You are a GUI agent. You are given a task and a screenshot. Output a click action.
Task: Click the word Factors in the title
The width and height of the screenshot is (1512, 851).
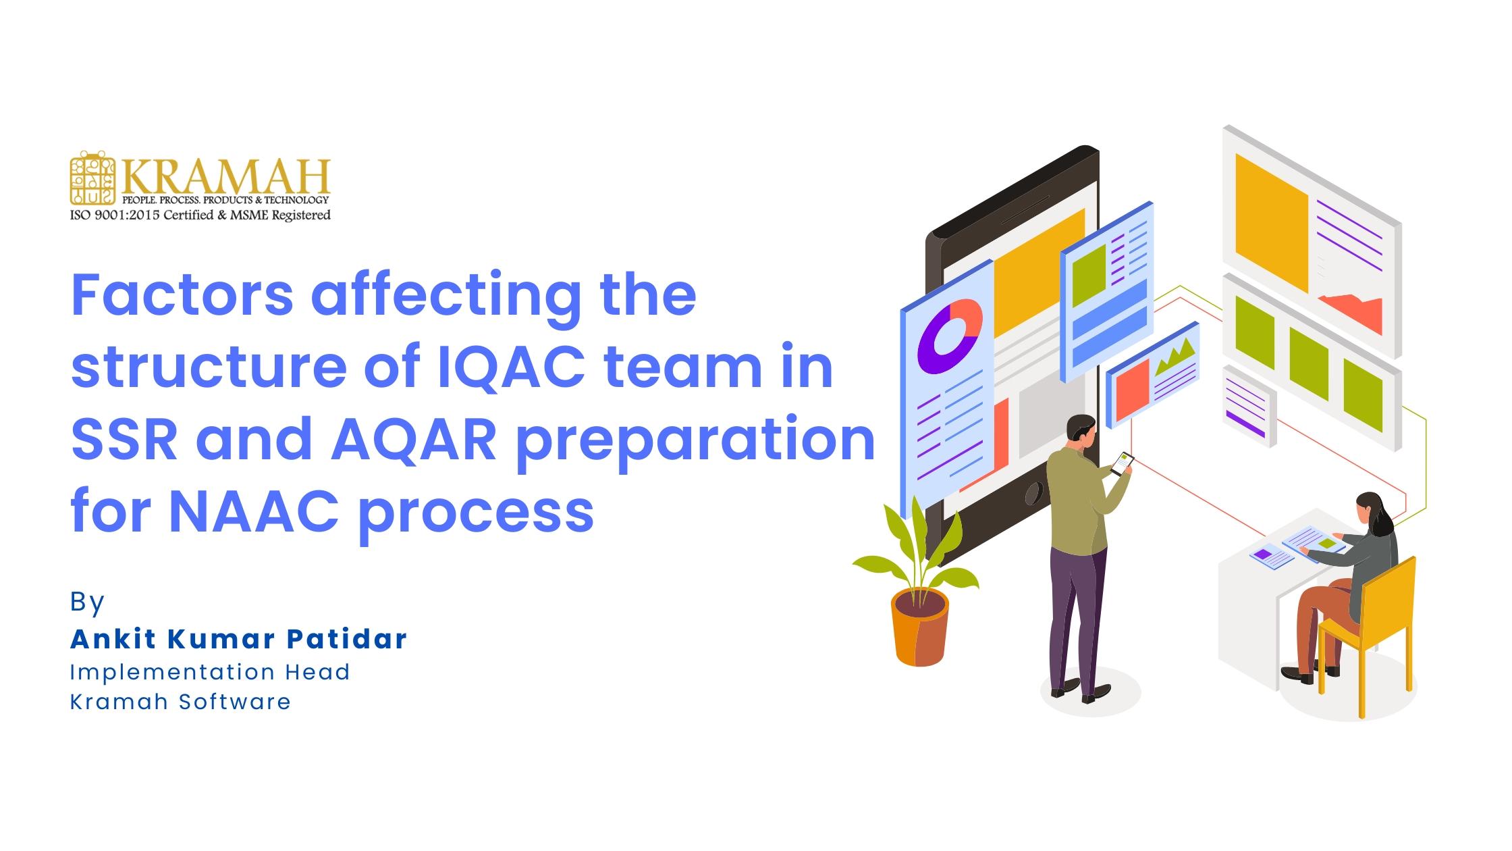[x=182, y=295]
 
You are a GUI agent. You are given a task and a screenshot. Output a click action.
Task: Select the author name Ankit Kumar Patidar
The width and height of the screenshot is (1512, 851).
[x=238, y=639]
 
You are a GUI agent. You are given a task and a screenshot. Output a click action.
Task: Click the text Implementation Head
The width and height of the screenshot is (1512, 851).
[x=210, y=672]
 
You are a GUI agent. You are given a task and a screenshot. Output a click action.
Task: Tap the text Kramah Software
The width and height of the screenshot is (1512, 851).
[x=180, y=702]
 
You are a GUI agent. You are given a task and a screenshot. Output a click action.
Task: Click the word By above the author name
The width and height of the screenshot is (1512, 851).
[x=87, y=601]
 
